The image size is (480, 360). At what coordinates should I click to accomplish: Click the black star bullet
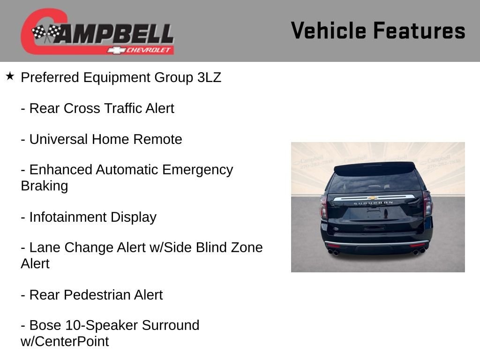pyautogui.click(x=10, y=76)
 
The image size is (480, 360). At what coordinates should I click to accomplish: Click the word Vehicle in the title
pyautogui.click(x=329, y=30)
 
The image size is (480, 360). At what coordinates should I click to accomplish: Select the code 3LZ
pyautogui.click(x=209, y=77)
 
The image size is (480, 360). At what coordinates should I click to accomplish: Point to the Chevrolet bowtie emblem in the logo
pyautogui.click(x=116, y=50)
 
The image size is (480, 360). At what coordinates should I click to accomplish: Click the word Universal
pyautogui.click(x=59, y=139)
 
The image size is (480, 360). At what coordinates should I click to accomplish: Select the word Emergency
pyautogui.click(x=198, y=170)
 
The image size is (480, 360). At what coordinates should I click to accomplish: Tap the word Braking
pyautogui.click(x=45, y=186)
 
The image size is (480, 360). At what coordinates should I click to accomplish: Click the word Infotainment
pyautogui.click(x=68, y=217)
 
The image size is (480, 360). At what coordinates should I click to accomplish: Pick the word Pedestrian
pyautogui.click(x=98, y=295)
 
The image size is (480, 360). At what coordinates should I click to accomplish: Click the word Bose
pyautogui.click(x=45, y=325)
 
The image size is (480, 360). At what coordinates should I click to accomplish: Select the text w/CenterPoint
pyautogui.click(x=65, y=341)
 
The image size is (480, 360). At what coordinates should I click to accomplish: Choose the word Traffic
pyautogui.click(x=122, y=108)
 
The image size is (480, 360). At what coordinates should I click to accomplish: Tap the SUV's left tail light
pyautogui.click(x=323, y=207)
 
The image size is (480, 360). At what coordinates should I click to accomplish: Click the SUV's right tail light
pyautogui.click(x=427, y=203)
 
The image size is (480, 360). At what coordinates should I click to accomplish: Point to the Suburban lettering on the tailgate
pyautogui.click(x=373, y=203)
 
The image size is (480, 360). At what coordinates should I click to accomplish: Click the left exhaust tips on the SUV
pyautogui.click(x=333, y=253)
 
